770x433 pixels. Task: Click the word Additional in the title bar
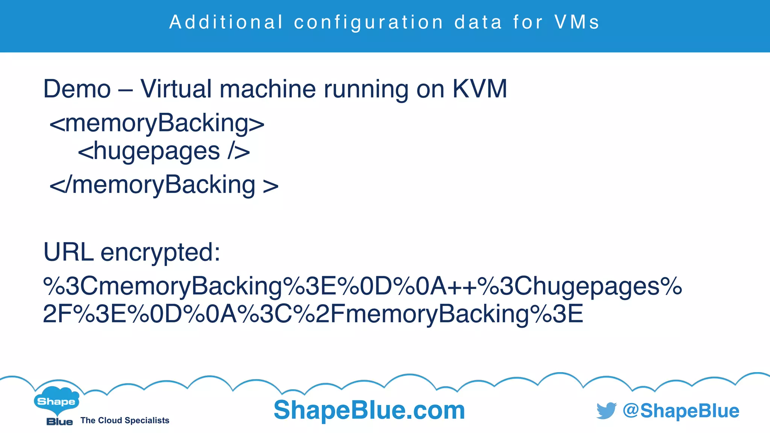[226, 22]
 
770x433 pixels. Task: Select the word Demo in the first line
[77, 89]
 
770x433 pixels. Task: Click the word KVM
[480, 89]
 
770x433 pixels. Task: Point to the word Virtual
[176, 89]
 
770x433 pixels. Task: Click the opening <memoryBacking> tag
[157, 123]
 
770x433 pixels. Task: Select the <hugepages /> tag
[164, 151]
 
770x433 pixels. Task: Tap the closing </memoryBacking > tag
[164, 185]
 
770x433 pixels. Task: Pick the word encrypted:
[160, 253]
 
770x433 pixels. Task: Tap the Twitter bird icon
[606, 410]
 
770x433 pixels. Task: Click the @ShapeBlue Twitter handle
[681, 410]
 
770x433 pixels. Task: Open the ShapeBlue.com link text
[369, 410]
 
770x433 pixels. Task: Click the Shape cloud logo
[56, 401]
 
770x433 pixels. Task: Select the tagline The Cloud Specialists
[125, 421]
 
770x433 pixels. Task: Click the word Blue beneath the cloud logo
[59, 422]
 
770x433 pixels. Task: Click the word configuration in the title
[369, 22]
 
